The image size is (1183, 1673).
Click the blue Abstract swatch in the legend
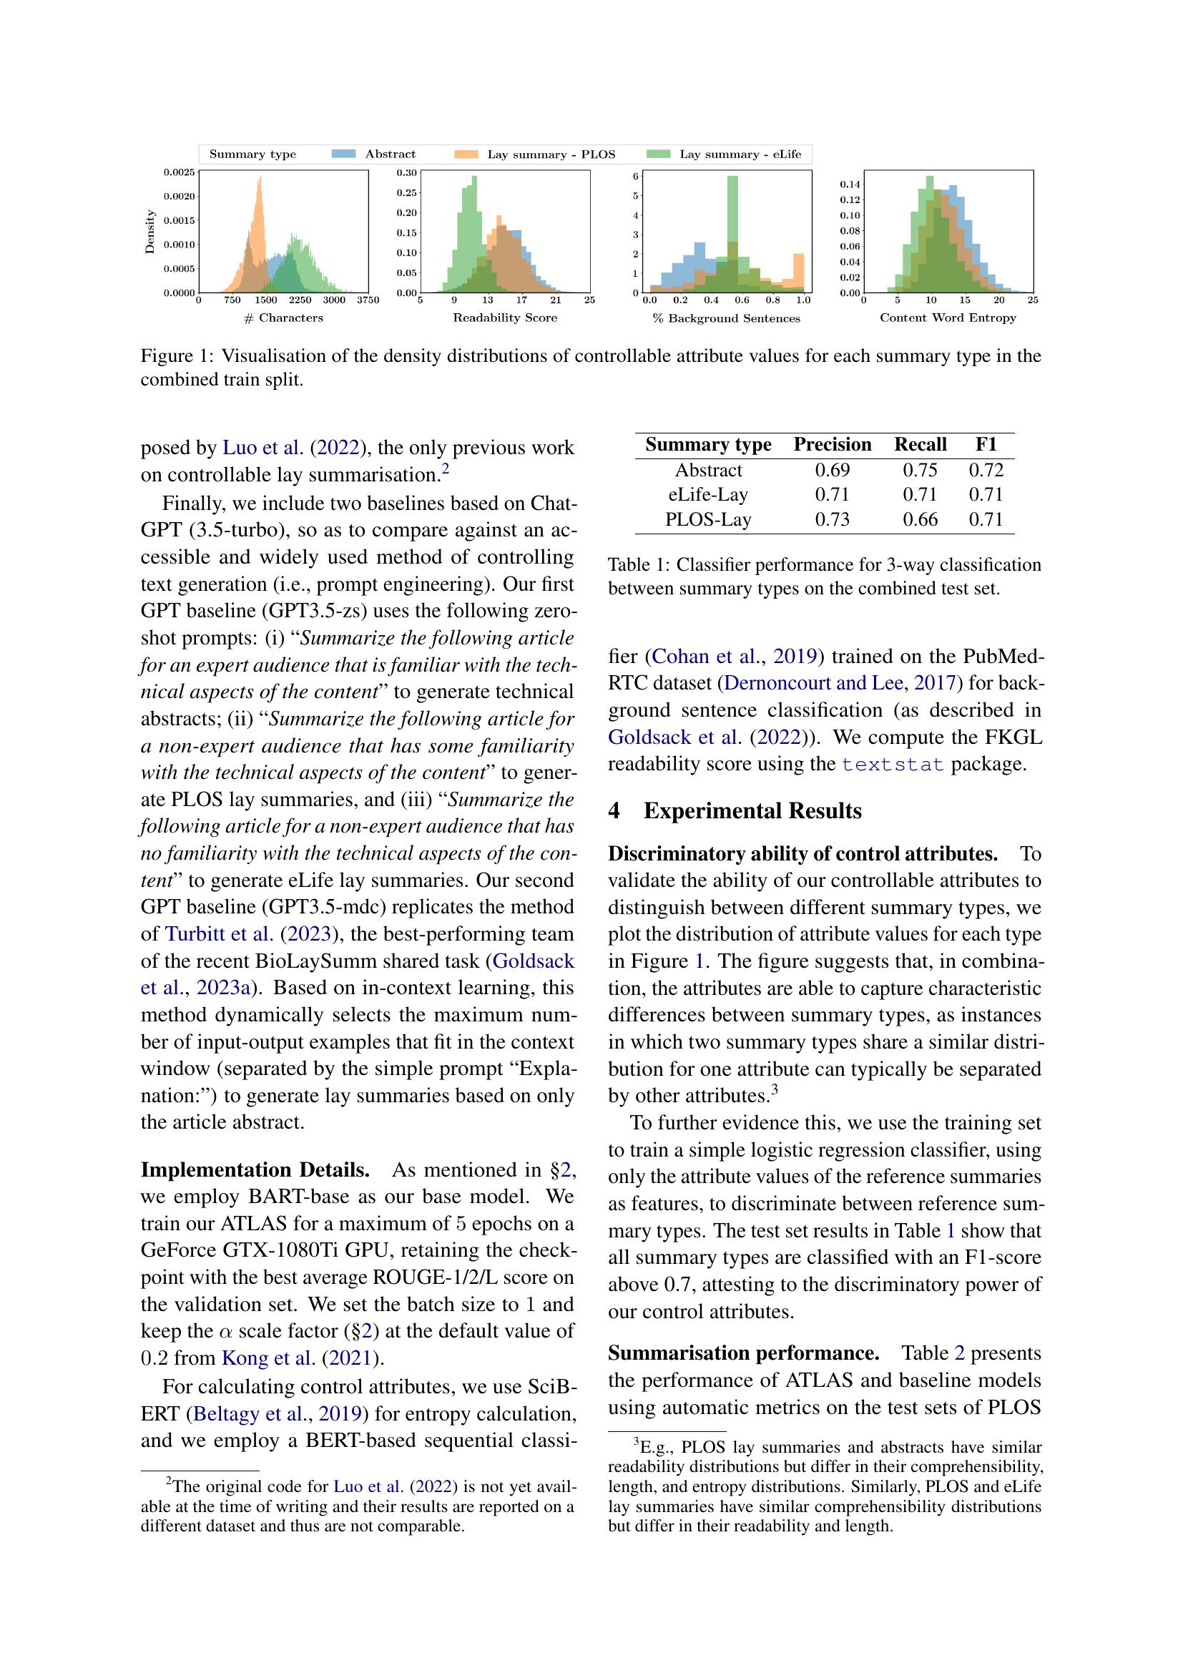click(344, 154)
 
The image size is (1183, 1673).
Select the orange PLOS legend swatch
click(466, 154)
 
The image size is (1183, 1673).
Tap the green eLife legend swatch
click(659, 154)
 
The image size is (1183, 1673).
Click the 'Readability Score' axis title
click(505, 318)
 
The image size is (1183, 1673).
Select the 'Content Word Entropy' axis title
click(948, 318)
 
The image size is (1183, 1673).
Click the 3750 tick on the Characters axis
click(368, 300)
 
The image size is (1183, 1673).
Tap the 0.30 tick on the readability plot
click(406, 173)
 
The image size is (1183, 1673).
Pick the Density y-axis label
click(150, 232)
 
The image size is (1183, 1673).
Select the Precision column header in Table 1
click(832, 444)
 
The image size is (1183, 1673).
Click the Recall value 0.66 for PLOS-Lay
click(920, 519)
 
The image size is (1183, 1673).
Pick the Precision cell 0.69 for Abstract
click(832, 470)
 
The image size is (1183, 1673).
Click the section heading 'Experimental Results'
click(752, 811)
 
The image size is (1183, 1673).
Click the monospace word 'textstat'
click(893, 765)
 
